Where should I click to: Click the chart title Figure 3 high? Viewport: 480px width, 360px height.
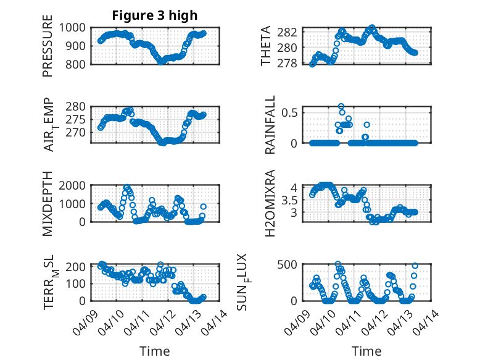tap(154, 15)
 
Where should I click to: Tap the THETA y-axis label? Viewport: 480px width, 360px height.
tap(267, 46)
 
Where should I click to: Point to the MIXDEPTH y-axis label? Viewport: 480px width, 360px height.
tap(48, 204)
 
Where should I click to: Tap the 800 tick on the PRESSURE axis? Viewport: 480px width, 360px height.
tap(77, 64)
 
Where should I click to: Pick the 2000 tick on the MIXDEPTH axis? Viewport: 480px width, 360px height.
tap(73, 186)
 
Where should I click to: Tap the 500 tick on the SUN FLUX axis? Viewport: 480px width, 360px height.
tap(290, 264)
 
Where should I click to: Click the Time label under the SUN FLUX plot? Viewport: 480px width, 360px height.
tap(366, 351)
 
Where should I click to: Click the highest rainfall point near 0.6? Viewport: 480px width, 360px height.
tap(341, 106)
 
